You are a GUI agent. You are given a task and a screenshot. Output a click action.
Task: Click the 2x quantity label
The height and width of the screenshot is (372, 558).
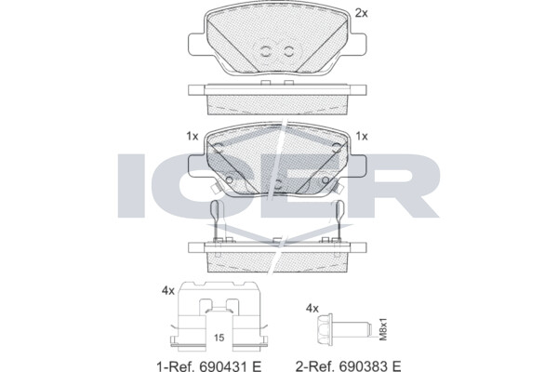(x=361, y=13)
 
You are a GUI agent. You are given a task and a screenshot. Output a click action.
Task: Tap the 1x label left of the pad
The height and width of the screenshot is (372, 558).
(x=193, y=137)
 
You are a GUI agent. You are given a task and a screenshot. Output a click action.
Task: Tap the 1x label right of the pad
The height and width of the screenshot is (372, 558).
(x=362, y=137)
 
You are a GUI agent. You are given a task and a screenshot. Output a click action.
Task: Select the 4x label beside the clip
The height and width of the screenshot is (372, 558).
(x=168, y=291)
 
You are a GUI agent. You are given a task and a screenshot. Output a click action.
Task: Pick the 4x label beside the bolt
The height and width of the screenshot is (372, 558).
(x=312, y=308)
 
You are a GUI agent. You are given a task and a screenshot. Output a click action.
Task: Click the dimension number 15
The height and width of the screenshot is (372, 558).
(x=219, y=337)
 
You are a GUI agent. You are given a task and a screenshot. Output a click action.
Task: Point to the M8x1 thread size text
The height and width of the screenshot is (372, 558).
(x=383, y=329)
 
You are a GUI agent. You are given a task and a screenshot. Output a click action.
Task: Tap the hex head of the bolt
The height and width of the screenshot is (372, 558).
(x=325, y=329)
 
